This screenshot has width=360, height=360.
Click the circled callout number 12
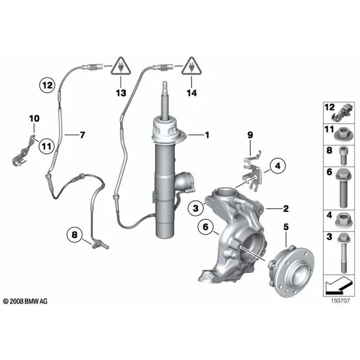pos(47,85)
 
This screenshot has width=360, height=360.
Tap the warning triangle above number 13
pos(121,67)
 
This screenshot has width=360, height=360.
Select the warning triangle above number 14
pos(191,67)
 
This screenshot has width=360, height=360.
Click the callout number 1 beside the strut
pos(207,135)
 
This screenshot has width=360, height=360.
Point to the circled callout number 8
pos(74,235)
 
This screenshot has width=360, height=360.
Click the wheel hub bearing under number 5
pos(291,271)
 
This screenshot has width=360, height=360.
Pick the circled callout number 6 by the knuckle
pos(205,227)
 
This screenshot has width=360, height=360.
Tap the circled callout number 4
pos(278,166)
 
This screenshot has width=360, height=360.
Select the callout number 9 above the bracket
pos(250,135)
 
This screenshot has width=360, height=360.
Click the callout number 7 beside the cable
pos(82,135)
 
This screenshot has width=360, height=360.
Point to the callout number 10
pos(34,118)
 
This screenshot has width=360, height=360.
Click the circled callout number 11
pos(47,146)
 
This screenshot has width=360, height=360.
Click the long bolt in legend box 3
pos(343,253)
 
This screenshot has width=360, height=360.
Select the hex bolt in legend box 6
pos(343,188)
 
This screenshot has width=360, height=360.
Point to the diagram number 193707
pos(340,301)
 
